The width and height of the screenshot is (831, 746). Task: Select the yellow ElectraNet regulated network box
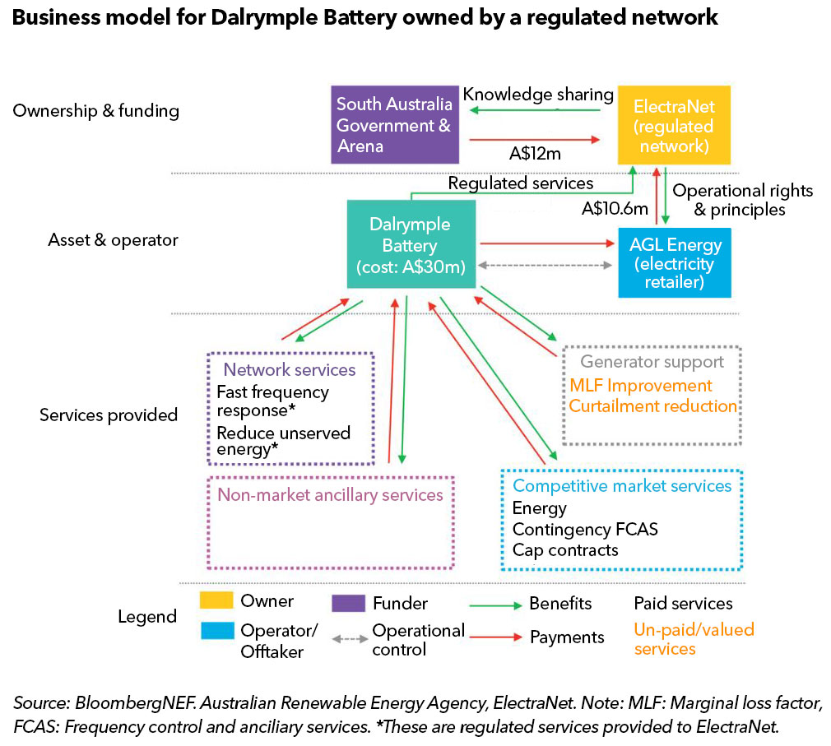click(674, 127)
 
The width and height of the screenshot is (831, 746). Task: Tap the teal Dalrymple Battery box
click(411, 244)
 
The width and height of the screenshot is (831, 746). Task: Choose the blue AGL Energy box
click(674, 263)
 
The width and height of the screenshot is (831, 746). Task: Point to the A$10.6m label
click(615, 209)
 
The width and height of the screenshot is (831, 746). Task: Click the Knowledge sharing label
click(538, 95)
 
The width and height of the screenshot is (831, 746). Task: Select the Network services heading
click(290, 370)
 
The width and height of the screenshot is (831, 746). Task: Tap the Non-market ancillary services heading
click(330, 494)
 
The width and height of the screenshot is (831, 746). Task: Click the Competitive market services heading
click(621, 486)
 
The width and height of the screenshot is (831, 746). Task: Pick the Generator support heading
click(652, 362)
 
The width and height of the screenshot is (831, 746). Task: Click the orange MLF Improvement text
click(640, 386)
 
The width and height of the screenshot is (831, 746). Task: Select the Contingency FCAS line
click(585, 529)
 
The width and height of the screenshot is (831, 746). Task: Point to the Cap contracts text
click(564, 549)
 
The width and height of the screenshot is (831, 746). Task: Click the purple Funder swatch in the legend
click(348, 604)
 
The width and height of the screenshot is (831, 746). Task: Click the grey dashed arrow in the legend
click(348, 637)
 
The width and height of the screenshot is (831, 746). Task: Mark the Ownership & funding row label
click(96, 111)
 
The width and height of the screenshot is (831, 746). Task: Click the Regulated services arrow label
click(520, 183)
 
